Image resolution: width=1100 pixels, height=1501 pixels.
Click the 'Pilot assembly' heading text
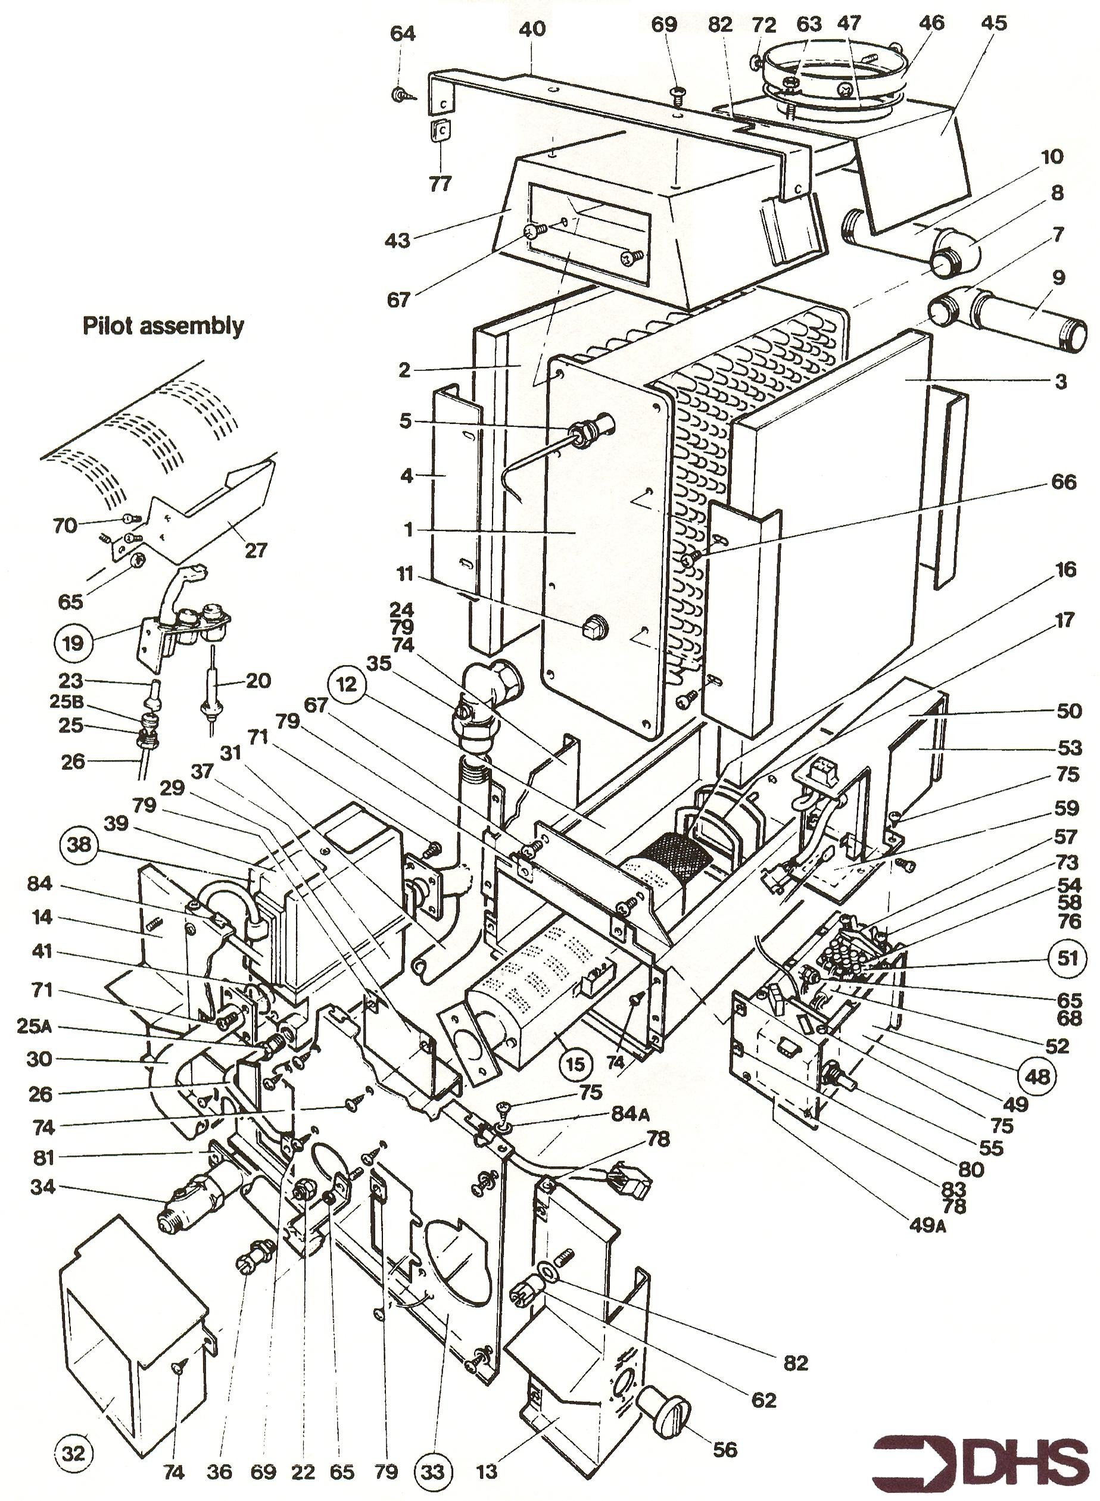click(163, 326)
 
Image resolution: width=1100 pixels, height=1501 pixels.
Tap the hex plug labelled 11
click(591, 628)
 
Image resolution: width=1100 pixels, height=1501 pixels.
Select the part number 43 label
click(399, 241)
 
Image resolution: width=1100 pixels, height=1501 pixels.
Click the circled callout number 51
click(1067, 959)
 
